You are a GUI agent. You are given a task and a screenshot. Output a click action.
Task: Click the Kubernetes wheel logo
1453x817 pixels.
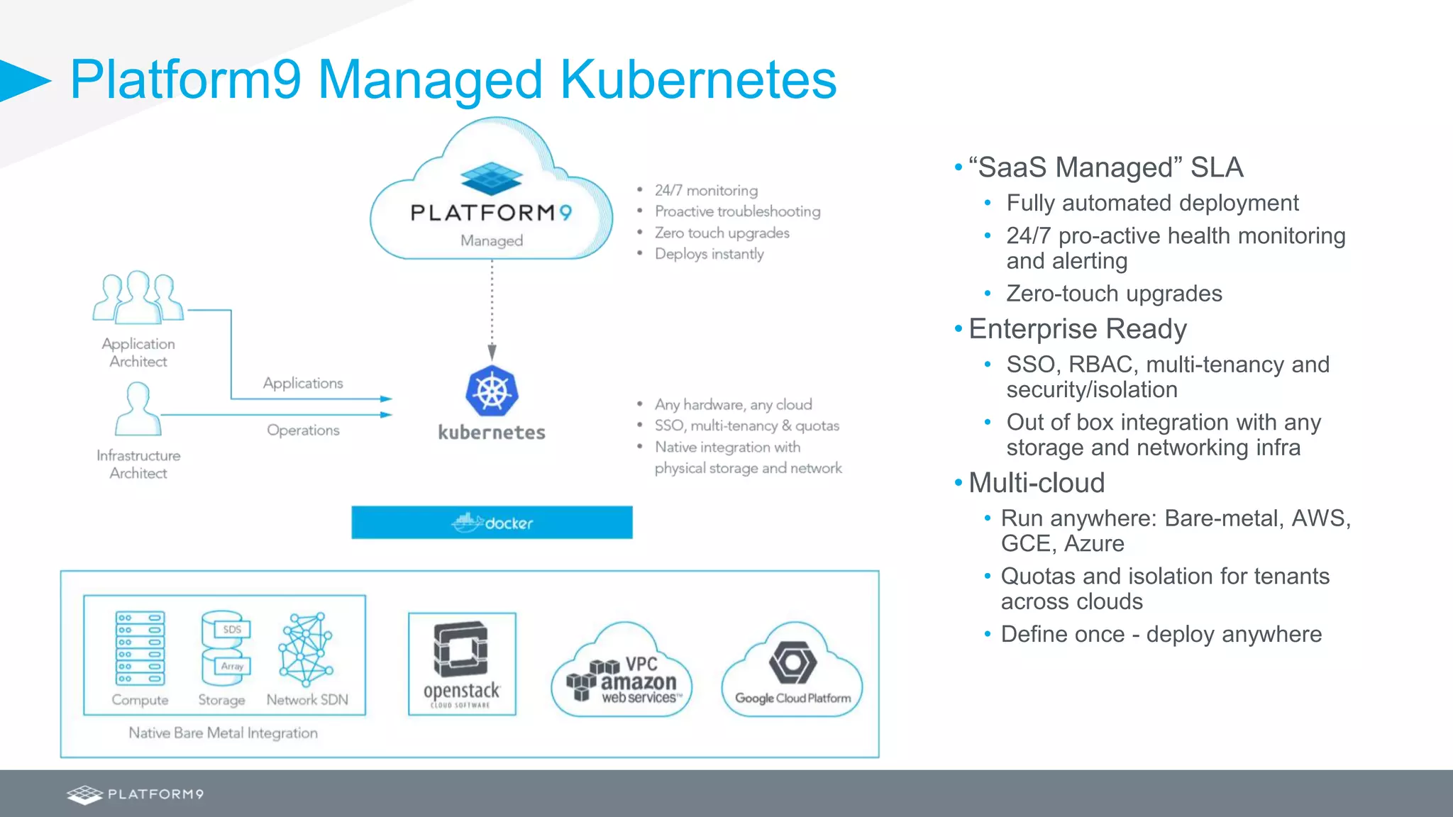tap(492, 391)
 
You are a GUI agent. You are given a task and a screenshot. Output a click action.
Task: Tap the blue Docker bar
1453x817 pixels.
tap(492, 523)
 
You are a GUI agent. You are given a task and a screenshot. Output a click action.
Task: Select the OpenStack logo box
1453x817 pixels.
tap(462, 664)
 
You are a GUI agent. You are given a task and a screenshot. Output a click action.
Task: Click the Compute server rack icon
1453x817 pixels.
tap(140, 648)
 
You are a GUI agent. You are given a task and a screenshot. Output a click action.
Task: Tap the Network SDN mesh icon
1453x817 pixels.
tap(306, 648)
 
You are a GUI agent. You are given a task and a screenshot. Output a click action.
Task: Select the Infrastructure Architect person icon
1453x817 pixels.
tap(138, 409)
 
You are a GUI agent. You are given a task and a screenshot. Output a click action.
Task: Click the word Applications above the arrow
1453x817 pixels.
tap(303, 383)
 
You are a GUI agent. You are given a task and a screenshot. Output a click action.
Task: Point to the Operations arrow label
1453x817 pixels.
tap(303, 430)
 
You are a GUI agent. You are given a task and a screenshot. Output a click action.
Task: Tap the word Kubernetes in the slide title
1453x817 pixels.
tap(698, 79)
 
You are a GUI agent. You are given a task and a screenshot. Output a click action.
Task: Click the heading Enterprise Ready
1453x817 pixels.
tap(1077, 329)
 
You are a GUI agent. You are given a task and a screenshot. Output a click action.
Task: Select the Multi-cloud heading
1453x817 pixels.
tap(1037, 483)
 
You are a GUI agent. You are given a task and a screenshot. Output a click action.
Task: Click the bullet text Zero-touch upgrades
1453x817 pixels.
tap(1114, 294)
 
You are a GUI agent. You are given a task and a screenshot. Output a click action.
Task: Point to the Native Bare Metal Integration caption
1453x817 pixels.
tap(223, 733)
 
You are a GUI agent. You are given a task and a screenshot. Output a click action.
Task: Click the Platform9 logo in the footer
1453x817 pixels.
tap(135, 794)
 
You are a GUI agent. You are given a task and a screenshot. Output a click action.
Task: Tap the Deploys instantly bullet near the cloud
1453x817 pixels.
tap(709, 254)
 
